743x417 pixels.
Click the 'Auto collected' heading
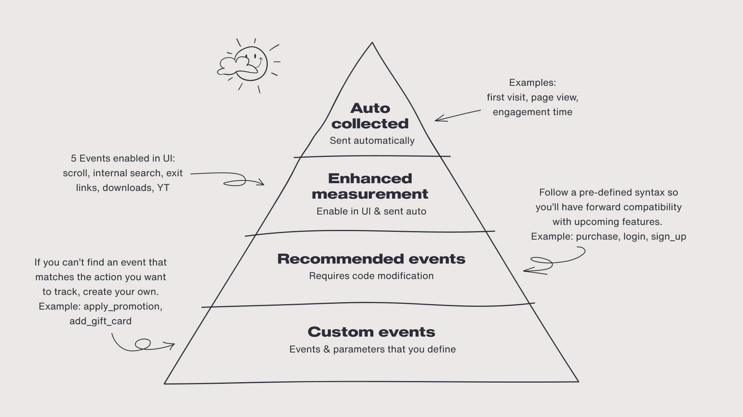tap(370, 116)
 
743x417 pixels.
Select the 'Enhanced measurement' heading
tap(370, 186)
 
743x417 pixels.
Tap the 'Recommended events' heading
tap(371, 259)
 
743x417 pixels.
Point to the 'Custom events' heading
tap(371, 332)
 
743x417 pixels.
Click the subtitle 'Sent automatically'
tap(372, 141)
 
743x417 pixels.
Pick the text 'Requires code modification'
tap(371, 276)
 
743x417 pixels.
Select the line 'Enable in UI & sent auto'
tap(371, 211)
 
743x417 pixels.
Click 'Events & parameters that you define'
tap(372, 349)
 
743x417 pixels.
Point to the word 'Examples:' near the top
tap(532, 83)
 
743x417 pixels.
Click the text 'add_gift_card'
tap(100, 321)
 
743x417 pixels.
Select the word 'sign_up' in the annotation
tap(668, 237)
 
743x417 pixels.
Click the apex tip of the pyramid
tap(372, 43)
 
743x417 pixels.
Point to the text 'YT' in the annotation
tap(163, 188)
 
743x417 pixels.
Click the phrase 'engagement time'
tap(532, 112)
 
